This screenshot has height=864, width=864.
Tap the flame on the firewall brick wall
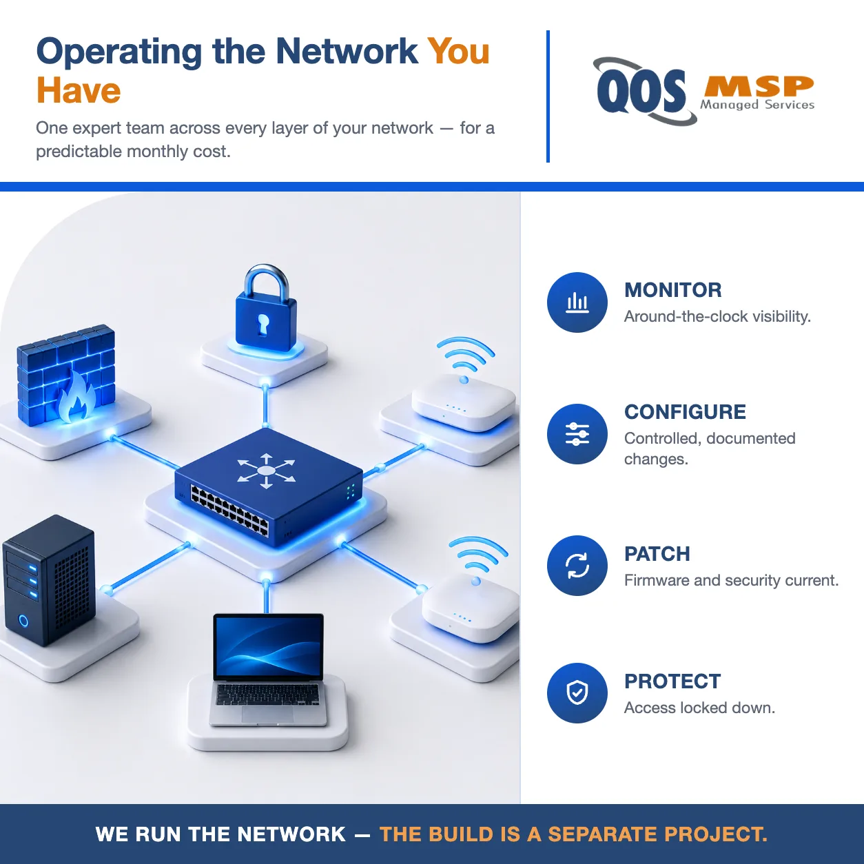point(78,397)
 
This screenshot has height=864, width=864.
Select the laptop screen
point(268,646)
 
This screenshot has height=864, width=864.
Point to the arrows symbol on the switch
point(267,471)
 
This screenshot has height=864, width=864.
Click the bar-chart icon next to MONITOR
point(577,302)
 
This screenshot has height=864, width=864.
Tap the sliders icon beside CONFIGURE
point(577,434)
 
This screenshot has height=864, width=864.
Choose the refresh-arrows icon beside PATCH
point(577,566)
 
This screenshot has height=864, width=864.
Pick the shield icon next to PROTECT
point(577,693)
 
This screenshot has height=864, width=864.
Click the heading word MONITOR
point(673,290)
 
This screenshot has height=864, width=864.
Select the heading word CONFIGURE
point(685,412)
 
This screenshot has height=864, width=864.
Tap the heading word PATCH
point(657,554)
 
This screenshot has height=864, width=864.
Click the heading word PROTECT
point(672,681)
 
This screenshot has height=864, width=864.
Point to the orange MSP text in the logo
point(759,86)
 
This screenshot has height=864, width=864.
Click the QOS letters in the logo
point(641,92)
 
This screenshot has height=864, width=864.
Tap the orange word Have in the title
point(79,90)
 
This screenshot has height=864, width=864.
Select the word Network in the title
point(347,51)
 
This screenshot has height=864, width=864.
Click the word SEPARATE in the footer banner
point(603,834)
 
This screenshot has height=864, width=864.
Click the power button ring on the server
point(23,621)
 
